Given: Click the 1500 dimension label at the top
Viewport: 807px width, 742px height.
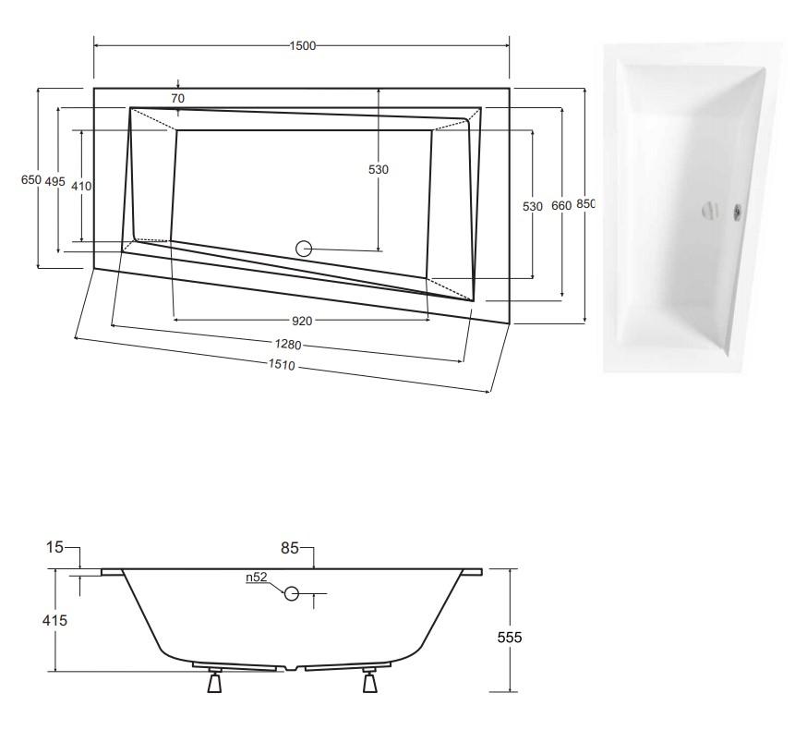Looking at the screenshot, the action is pos(302,46).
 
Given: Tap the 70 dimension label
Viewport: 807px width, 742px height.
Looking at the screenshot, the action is pos(178,98).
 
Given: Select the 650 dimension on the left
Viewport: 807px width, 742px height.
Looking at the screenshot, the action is pos(30,179).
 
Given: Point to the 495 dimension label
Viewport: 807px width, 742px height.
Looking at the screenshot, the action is pos(55,182).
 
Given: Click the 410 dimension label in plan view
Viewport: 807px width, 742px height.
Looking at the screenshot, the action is pos(81,186).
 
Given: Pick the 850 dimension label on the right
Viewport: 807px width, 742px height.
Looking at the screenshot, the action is pos(585,204).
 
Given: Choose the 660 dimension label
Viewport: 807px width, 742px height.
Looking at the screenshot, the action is pos(561,206).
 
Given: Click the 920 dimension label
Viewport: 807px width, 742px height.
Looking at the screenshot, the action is pos(302,321).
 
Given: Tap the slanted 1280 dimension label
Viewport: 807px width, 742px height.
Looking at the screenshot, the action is pos(288,345).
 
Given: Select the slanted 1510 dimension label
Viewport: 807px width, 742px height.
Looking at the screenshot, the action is pos(282,365).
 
